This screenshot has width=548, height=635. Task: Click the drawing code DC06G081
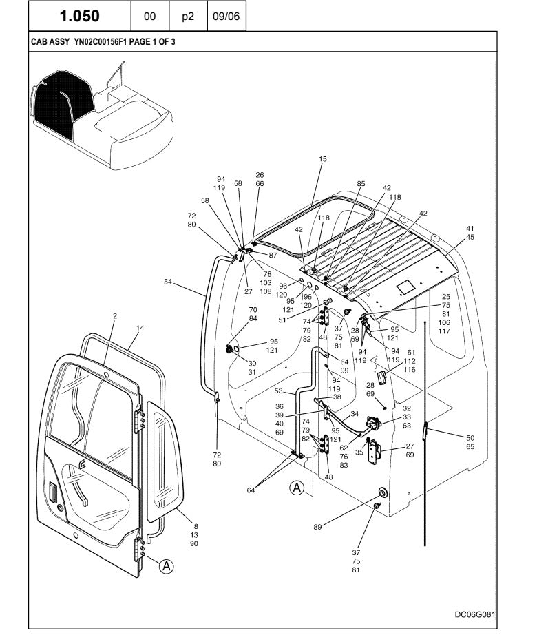(x=475, y=614)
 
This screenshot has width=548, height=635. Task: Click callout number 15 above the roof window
(x=323, y=160)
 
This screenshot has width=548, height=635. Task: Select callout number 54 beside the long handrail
(x=169, y=281)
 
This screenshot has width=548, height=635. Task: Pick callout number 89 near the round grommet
(x=317, y=527)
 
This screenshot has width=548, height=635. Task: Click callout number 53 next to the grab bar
(x=279, y=392)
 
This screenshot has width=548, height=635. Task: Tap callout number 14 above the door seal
(x=140, y=329)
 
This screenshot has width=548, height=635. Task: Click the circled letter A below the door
(x=165, y=567)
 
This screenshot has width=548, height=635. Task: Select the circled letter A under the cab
(x=297, y=488)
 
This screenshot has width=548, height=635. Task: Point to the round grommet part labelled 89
(x=382, y=492)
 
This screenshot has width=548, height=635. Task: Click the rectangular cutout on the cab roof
(x=405, y=284)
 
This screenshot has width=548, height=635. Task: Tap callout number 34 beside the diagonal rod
(x=355, y=414)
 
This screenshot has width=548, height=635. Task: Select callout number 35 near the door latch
(x=359, y=452)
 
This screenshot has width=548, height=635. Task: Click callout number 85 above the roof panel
(x=361, y=184)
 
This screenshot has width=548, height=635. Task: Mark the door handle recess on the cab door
(x=54, y=494)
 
